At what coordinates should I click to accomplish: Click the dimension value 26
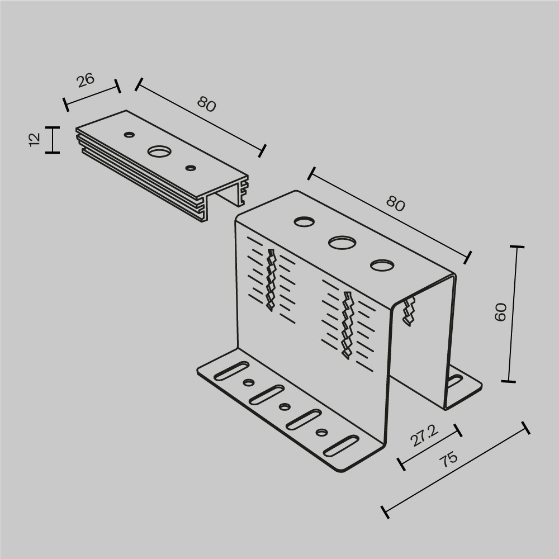(x=86, y=80)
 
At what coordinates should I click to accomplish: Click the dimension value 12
(x=34, y=139)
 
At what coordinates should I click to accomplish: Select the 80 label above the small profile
(x=206, y=104)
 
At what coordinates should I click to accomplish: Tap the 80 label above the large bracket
(x=395, y=205)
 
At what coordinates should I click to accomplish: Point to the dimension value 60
(x=501, y=311)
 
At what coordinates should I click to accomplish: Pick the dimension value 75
(x=448, y=459)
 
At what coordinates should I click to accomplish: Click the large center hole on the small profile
(x=160, y=151)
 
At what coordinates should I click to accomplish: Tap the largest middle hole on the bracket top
(x=342, y=243)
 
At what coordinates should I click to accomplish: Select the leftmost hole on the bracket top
(x=304, y=222)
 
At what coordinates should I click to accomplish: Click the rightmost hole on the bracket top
(x=382, y=265)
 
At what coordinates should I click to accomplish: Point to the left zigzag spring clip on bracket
(x=272, y=279)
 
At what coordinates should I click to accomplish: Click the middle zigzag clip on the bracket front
(x=347, y=324)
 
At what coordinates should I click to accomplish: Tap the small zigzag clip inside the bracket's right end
(x=409, y=311)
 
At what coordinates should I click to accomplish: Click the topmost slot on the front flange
(x=231, y=371)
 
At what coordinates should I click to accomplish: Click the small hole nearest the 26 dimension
(x=129, y=134)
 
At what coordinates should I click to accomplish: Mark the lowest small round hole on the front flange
(x=321, y=432)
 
